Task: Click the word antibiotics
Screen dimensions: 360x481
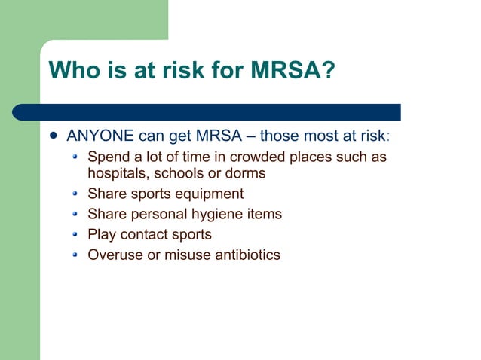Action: (243, 255)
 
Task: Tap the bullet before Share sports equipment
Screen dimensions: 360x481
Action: (74, 194)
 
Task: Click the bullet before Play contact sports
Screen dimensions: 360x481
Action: (74, 235)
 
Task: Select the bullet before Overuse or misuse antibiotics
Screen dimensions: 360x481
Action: (74, 255)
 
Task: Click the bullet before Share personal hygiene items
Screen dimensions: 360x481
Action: (74, 215)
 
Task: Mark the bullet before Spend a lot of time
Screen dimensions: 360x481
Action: (74, 158)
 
